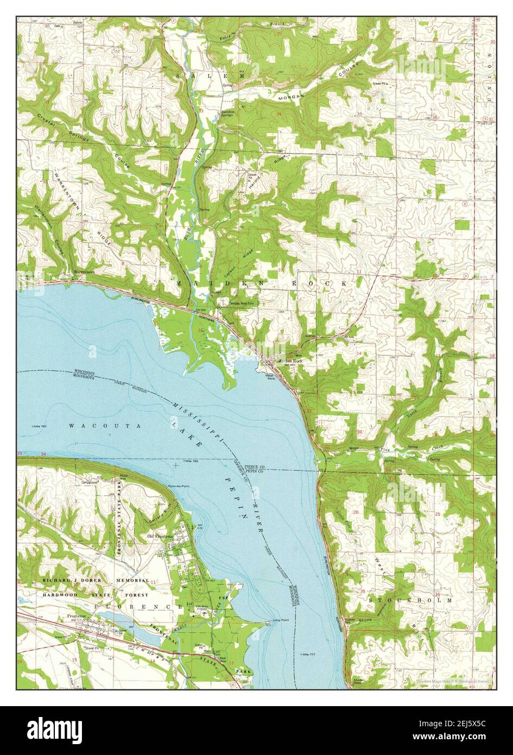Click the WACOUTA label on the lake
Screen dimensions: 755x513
105,426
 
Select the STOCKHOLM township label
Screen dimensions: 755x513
410,600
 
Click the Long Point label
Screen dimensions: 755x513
281,620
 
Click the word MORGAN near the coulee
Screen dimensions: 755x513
293,96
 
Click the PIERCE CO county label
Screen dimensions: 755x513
254,467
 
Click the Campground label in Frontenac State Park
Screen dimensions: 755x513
89,481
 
